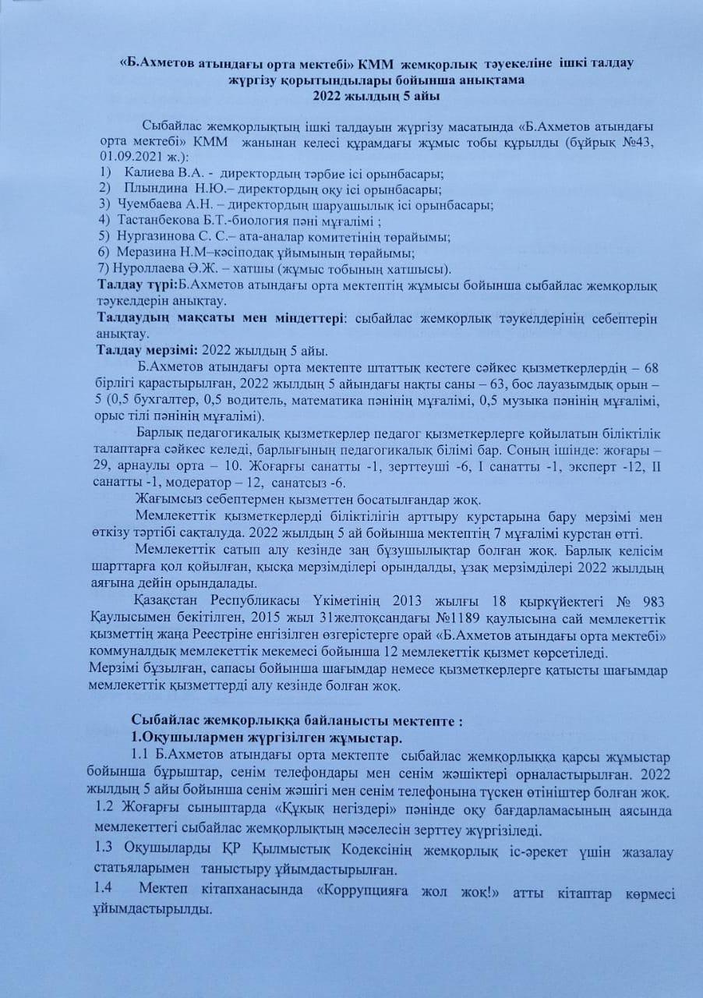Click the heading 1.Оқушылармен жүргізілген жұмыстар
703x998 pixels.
click(x=266, y=738)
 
